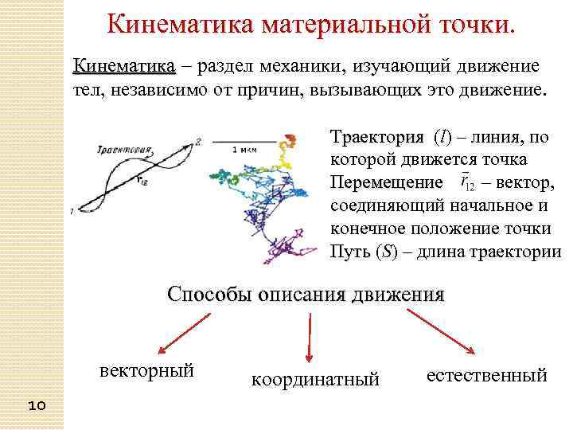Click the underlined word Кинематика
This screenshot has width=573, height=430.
(123, 64)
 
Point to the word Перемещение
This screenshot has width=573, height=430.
(386, 183)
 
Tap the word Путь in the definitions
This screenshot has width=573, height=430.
(348, 252)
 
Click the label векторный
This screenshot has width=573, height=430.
(146, 371)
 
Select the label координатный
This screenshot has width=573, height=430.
(315, 380)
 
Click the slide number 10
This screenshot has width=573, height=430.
(37, 406)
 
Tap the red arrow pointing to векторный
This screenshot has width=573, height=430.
(184, 333)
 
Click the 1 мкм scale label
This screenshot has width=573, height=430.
(244, 150)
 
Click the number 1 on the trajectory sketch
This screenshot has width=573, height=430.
(72, 211)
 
